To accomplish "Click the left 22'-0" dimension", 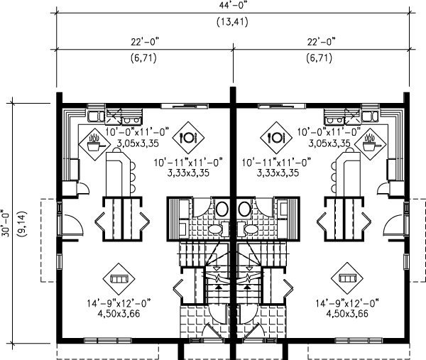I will [x=143, y=43].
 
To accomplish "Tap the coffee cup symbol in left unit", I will [x=92, y=145].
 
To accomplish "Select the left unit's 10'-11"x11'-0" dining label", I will [x=188, y=162].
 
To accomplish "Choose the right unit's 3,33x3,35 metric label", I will [x=276, y=173].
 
